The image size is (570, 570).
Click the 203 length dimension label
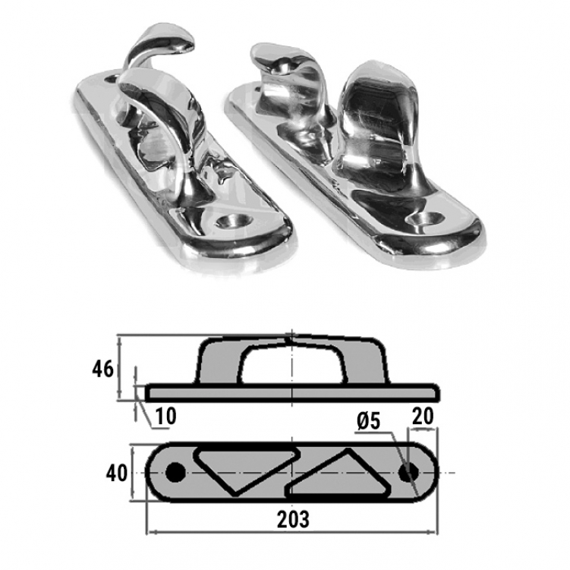pos(293,519)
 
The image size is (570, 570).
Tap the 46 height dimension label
pos(103,370)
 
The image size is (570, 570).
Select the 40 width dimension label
pos(117,474)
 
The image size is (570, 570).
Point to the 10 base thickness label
pos(165,416)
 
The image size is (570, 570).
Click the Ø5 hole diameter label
pos(369,422)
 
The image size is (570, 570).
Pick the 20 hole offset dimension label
pos(423,416)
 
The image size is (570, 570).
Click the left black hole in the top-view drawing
pos(175,472)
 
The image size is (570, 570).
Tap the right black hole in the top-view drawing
pos(408,473)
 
